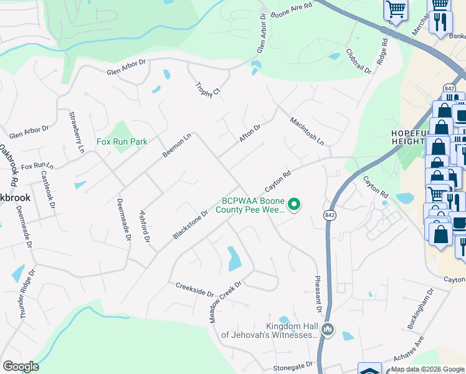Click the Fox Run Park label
click(x=122, y=141)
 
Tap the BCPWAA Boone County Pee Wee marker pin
click(x=296, y=204)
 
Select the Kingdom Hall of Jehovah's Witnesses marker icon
click(x=330, y=330)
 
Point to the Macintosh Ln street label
click(x=307, y=130)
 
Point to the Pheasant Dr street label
click(x=317, y=295)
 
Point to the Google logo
click(x=21, y=367)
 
